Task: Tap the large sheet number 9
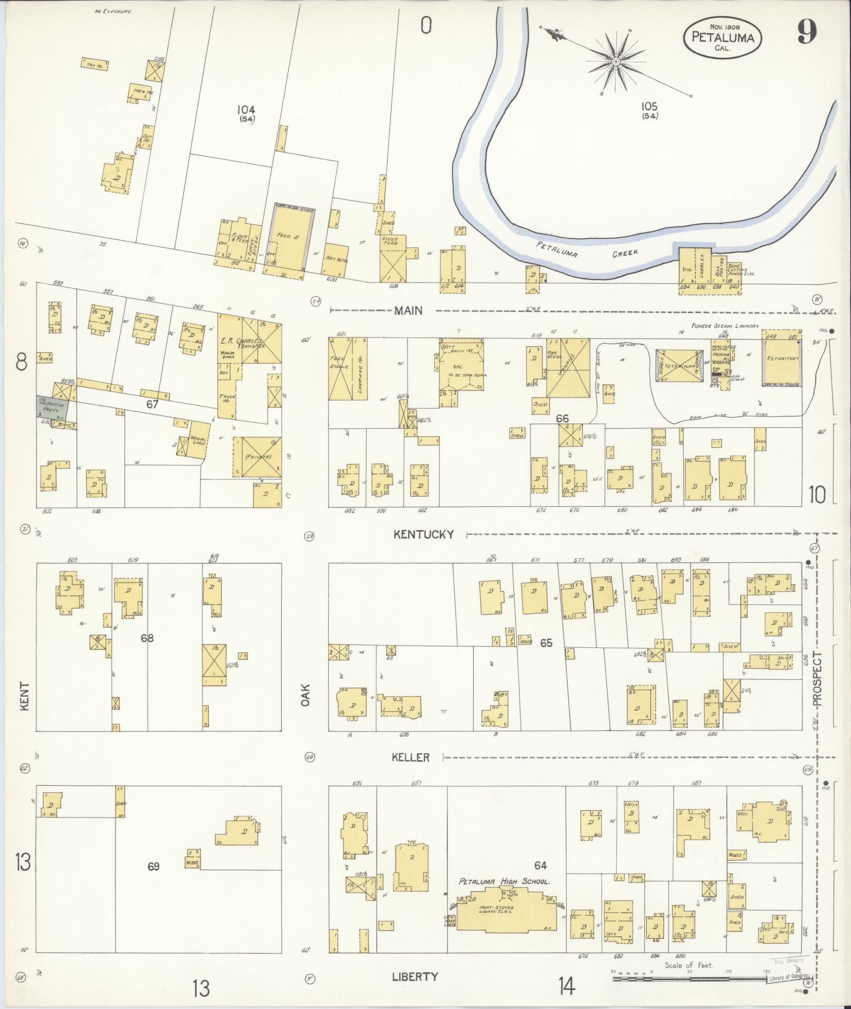point(807,33)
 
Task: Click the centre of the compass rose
point(616,62)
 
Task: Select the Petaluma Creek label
point(588,250)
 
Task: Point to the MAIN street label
point(408,311)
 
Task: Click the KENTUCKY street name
point(424,534)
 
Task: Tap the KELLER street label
point(410,757)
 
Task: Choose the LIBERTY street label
point(415,976)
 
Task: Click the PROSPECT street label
point(817,679)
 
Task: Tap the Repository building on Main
point(781,359)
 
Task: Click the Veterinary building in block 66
point(677,366)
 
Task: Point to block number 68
point(147,638)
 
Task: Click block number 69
point(154,866)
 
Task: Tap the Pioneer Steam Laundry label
point(726,326)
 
